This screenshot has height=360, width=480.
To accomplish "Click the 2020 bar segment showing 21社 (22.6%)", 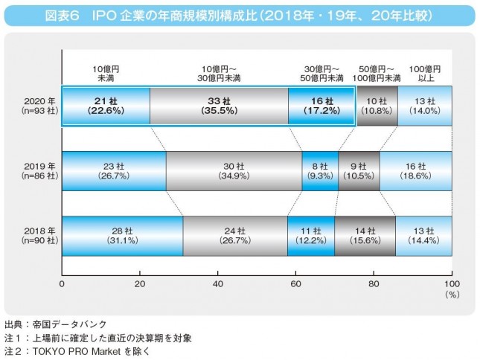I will click(x=106, y=106).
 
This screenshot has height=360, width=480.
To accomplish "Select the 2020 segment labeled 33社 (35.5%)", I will click(x=219, y=106).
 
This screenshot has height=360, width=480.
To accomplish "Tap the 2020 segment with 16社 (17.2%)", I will click(x=321, y=106).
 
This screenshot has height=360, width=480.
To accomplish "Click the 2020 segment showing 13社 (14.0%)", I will click(x=424, y=106).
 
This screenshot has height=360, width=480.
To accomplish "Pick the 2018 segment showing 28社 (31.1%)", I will click(x=122, y=235).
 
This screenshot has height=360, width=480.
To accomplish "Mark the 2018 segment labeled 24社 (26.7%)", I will click(x=234, y=235).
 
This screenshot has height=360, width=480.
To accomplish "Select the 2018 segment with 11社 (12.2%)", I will click(x=310, y=235).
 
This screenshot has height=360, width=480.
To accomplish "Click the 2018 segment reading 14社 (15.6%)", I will click(x=365, y=235).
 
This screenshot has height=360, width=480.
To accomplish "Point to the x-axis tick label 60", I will click(x=295, y=284).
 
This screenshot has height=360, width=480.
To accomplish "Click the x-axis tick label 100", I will click(x=451, y=284).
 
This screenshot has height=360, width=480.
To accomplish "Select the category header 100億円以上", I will click(x=426, y=73).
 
